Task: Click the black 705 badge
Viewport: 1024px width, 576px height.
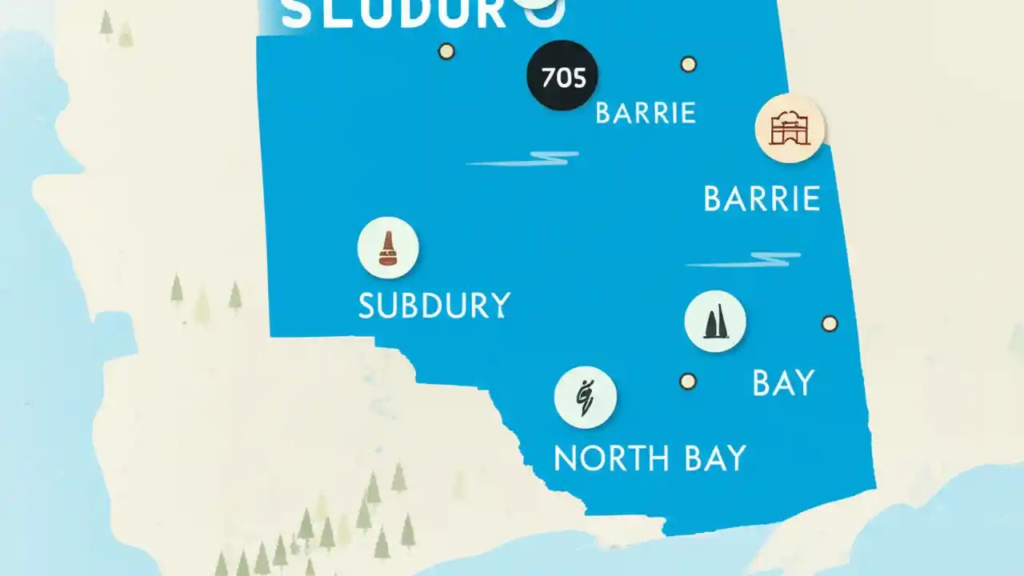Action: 562,76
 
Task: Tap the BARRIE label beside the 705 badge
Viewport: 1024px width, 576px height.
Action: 646,113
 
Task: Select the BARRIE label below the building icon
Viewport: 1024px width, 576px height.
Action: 762,198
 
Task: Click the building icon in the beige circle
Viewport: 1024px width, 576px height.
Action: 790,129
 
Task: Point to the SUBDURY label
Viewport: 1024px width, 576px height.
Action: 434,306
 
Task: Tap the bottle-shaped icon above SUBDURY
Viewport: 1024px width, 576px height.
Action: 388,248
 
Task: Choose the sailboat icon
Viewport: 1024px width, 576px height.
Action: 715,322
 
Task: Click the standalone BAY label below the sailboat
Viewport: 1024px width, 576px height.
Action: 783,383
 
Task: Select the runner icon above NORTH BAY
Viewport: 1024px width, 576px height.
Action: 585,398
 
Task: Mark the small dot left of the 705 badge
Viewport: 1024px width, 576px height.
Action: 446,51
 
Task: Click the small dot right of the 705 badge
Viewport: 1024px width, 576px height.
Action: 688,64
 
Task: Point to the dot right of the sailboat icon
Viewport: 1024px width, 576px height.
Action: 830,323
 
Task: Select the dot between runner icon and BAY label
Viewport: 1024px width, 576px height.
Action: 687,381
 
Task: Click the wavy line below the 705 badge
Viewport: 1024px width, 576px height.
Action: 523,158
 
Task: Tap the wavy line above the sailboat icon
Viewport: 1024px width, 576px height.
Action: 743,260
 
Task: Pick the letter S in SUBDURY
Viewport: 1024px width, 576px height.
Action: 367,306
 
